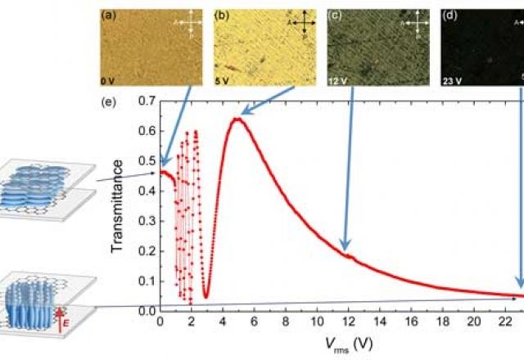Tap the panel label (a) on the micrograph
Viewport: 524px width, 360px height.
(x=108, y=15)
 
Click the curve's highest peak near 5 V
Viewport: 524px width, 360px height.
(x=237, y=119)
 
